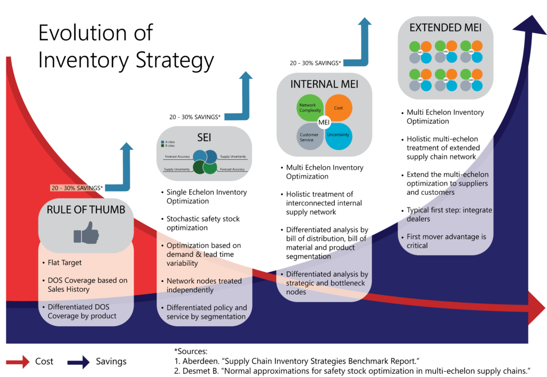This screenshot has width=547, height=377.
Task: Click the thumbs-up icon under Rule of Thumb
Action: coord(85,233)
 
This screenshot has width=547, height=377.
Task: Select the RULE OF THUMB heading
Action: coord(85,210)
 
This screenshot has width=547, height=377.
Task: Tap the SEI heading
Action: coord(205,137)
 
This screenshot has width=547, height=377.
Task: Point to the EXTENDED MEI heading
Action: coord(446,27)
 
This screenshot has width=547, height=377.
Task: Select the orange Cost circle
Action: coord(338,108)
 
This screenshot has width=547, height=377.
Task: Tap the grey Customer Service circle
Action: coord(309,136)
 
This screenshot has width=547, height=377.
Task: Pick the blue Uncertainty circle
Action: coord(338,135)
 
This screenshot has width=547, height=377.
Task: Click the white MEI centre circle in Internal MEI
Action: coord(324,122)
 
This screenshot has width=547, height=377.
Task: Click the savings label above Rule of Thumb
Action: coord(77,188)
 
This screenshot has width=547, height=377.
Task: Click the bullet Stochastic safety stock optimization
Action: coord(203,223)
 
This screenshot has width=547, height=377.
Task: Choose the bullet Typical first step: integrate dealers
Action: coord(449,214)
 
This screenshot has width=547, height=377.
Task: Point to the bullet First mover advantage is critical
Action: coord(446,241)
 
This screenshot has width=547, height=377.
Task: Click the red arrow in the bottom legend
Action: coord(18,363)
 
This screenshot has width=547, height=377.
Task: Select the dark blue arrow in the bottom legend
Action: coord(78,363)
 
